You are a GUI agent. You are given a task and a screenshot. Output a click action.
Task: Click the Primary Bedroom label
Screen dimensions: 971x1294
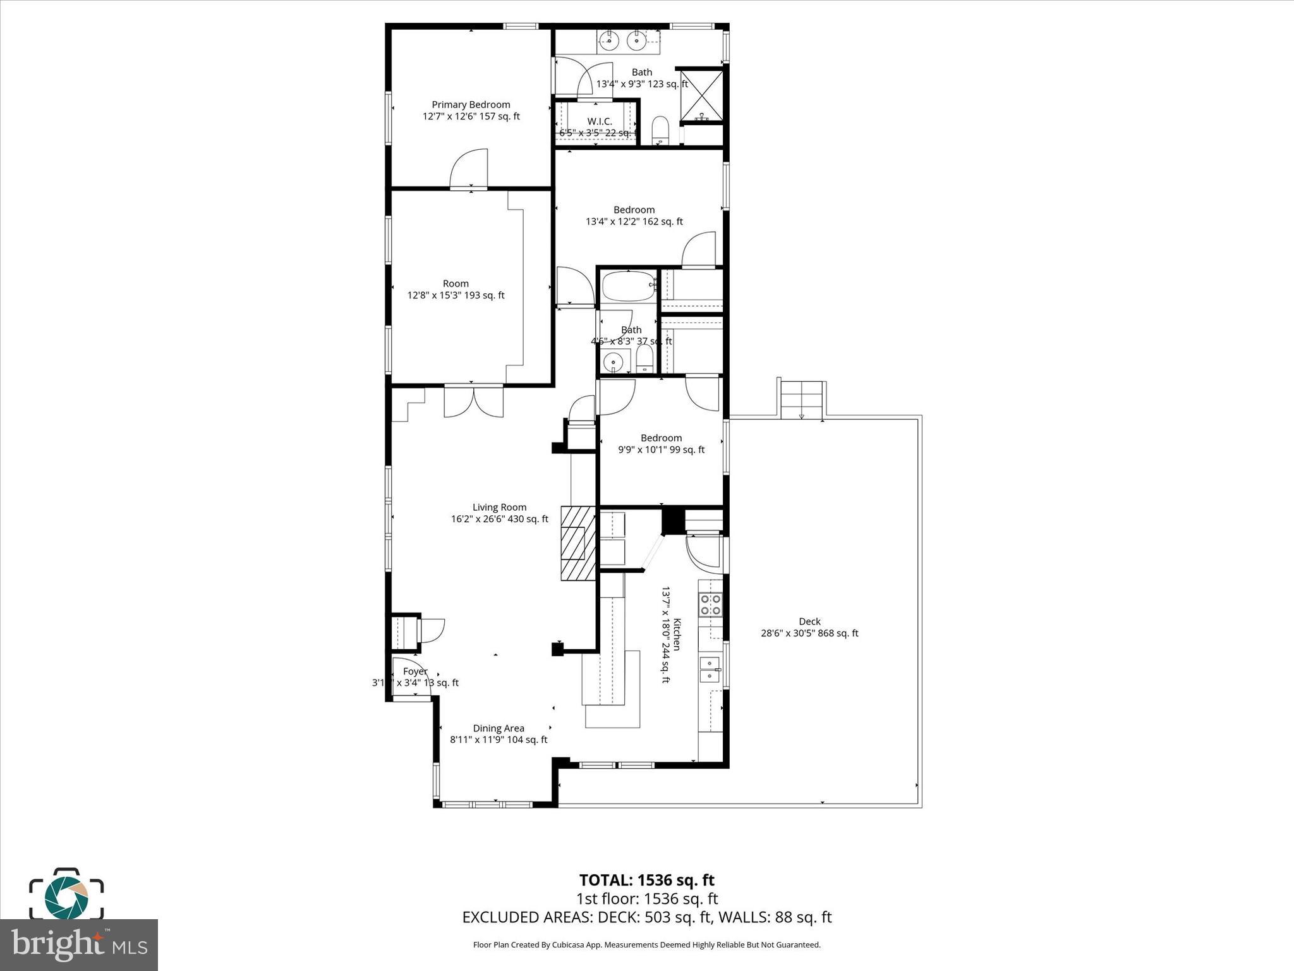(x=471, y=105)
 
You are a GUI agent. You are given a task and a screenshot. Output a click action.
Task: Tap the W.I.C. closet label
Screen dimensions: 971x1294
(x=599, y=121)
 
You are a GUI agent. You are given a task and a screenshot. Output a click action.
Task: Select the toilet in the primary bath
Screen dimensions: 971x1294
(x=660, y=130)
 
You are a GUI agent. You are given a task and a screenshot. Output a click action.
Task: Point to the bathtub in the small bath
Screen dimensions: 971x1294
(x=628, y=286)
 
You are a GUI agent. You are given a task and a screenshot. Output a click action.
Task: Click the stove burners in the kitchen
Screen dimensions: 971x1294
(x=710, y=604)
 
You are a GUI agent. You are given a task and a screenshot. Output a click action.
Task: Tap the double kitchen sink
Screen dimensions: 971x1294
(x=711, y=669)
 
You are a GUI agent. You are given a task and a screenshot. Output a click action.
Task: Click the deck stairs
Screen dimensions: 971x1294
(x=802, y=400)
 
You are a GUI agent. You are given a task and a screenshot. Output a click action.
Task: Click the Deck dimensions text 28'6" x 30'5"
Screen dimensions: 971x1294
(x=809, y=633)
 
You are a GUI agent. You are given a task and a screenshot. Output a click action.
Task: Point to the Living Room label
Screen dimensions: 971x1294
(x=499, y=507)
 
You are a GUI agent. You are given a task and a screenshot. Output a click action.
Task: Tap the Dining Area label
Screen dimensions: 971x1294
(x=499, y=728)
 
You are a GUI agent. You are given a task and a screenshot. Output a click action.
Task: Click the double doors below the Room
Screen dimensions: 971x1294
(x=473, y=402)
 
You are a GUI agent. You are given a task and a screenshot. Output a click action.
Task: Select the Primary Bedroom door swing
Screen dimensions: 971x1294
(x=470, y=169)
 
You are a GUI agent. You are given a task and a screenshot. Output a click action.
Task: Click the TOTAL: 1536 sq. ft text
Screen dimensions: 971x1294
(x=646, y=880)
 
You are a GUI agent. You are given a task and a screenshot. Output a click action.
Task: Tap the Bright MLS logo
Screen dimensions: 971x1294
(x=79, y=945)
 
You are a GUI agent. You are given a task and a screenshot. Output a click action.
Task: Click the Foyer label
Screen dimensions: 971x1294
(x=415, y=671)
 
